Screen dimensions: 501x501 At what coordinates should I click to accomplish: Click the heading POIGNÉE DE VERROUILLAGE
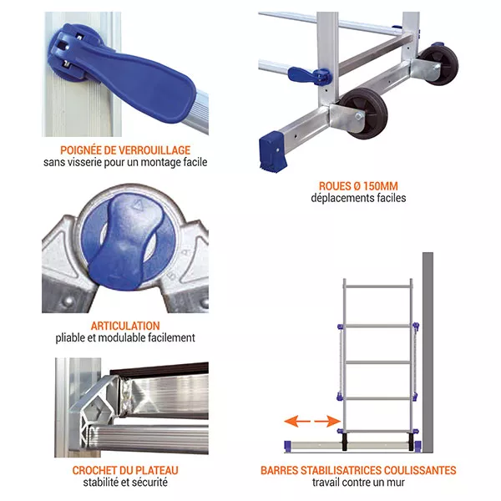click(x=125, y=149)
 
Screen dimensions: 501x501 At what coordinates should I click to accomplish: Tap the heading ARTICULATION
click(x=125, y=325)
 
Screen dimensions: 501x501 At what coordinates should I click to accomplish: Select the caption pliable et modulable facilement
click(x=125, y=338)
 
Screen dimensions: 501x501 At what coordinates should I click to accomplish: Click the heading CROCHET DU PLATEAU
click(x=125, y=470)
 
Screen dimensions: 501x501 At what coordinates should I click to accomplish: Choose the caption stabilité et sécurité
click(x=125, y=483)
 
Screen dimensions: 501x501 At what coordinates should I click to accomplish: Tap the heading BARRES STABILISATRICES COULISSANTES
click(x=358, y=470)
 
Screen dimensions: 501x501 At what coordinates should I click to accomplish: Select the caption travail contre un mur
click(x=358, y=483)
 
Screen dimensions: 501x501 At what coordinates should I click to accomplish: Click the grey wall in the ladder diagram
click(x=428, y=351)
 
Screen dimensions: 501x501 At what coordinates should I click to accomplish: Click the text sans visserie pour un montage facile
click(x=125, y=163)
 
